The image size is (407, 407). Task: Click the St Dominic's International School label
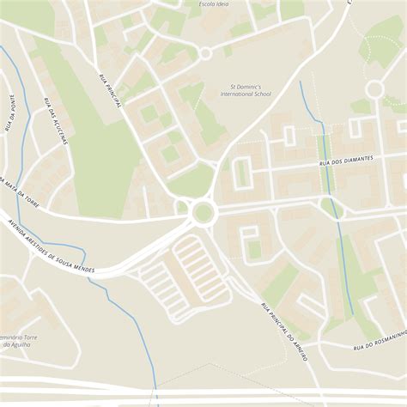coord(252,92)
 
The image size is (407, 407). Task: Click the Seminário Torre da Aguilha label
coord(21,338)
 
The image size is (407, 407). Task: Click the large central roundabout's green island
coord(203,211)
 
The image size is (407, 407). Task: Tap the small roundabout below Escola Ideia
coord(205,53)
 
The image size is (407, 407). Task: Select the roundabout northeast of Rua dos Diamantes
coord(374,88)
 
